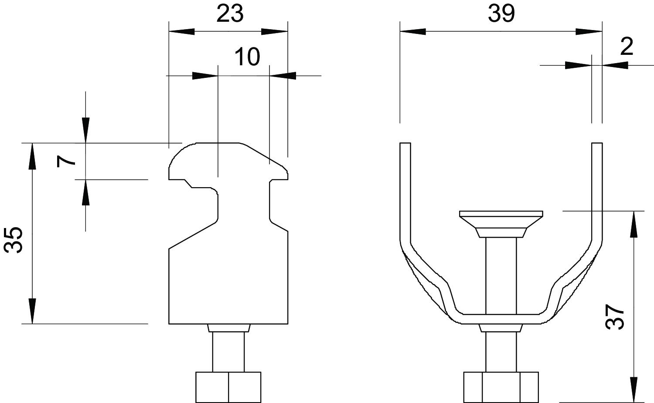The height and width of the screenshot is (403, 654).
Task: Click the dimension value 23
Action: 230,14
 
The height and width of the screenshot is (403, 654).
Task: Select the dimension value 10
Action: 247,57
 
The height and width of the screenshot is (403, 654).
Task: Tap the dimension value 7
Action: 67,161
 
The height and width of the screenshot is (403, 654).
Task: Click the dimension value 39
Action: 501,14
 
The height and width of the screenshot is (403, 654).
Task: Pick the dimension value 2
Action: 626,47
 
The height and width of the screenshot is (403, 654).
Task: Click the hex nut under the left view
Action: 228,387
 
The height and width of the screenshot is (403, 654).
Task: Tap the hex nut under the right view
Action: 501,387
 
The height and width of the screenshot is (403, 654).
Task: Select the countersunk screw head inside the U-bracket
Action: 501,220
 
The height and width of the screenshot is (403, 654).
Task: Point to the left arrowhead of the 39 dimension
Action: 412,31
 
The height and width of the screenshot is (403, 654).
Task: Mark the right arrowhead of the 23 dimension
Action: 275,31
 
